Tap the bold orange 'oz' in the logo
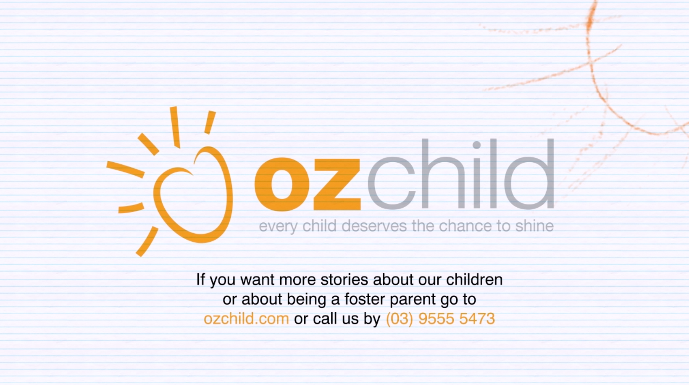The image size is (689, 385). tap(307, 185)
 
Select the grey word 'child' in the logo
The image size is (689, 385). tap(461, 174)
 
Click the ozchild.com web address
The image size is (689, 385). tap(246, 319)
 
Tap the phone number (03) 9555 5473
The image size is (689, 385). tap(440, 319)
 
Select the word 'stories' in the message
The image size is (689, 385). tap(344, 280)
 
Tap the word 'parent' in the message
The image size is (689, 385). tap(413, 300)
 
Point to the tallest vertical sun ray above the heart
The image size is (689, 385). tap(175, 127)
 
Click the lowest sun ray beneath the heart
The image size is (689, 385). tap(147, 242)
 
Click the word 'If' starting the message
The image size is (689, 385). tap(200, 280)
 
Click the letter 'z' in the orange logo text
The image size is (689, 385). tap(337, 185)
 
